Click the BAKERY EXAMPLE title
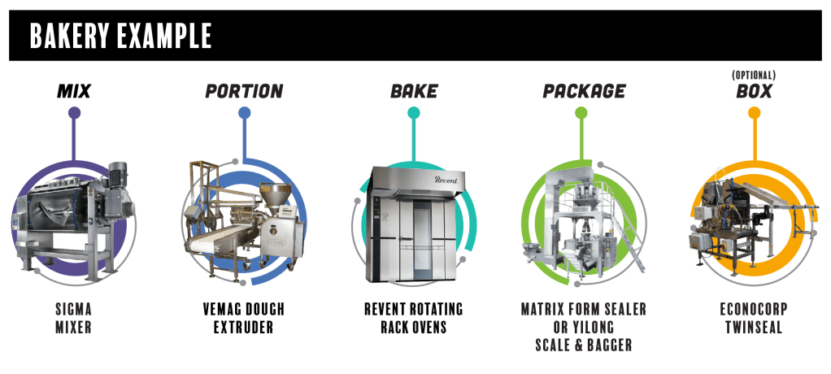coord(120,36)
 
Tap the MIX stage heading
coord(74,92)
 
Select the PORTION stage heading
coord(244,92)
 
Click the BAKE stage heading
coord(414,92)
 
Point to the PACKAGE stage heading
coord(584,92)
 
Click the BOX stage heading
coord(754,92)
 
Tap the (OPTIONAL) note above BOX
coord(754,76)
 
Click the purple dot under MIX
coord(74,113)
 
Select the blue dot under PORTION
coord(244,113)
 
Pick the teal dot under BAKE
coord(414,113)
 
